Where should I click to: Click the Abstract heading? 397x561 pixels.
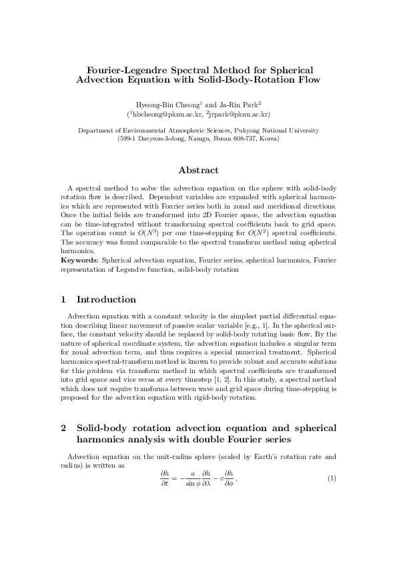coord(198,171)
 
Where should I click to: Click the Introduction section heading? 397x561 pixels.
coord(107,299)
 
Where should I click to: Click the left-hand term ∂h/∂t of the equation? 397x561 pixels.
coord(165,480)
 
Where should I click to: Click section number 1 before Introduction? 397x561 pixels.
coord(63,299)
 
